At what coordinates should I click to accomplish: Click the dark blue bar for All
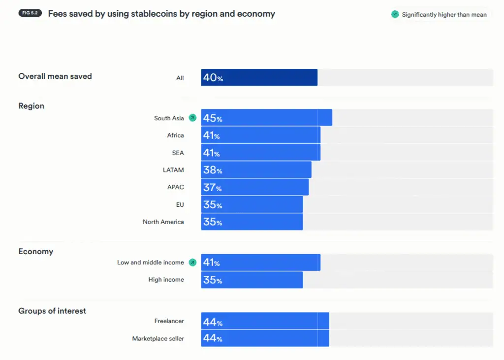[x=259, y=77]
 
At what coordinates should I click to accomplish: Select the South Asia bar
[x=266, y=118]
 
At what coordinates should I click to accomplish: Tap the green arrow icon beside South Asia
[x=192, y=118]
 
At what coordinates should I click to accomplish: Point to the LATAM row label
[x=173, y=170]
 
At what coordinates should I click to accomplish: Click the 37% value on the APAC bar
[x=212, y=188]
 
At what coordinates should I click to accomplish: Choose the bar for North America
[x=252, y=222]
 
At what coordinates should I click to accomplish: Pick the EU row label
[x=180, y=204]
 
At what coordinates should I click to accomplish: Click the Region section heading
[x=31, y=106]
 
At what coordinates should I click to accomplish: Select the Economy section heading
[x=35, y=251]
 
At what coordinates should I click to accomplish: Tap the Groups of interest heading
[x=52, y=311]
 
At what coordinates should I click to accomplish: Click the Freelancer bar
[x=265, y=321]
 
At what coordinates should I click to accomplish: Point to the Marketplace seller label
[x=158, y=339]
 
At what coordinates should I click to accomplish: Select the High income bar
[x=252, y=280]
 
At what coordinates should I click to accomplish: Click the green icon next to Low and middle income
[x=192, y=262]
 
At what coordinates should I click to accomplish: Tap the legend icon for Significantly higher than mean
[x=395, y=14]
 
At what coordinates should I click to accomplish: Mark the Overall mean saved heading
[x=55, y=76]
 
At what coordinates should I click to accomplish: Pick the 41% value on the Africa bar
[x=211, y=135]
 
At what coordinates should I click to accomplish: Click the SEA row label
[x=178, y=153]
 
